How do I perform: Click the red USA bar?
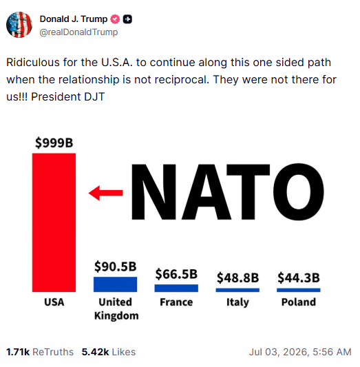[x=54, y=222]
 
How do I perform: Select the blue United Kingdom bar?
[x=115, y=284]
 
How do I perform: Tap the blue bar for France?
[x=176, y=288]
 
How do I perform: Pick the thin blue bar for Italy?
[x=237, y=290]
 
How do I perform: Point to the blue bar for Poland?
[x=299, y=290]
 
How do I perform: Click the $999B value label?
[x=54, y=143]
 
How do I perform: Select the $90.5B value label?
[x=116, y=266]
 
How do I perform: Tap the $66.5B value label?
[x=176, y=274]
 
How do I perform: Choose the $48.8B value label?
[x=237, y=277]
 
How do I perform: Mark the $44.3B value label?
[x=299, y=277]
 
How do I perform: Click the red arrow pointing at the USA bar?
[x=106, y=193]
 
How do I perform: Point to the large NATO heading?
[x=228, y=192]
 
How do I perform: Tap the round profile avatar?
[x=19, y=25]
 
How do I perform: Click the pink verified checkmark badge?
[x=115, y=19]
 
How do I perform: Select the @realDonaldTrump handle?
[x=78, y=32]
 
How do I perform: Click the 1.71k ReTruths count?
[x=40, y=352]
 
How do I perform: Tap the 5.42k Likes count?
[x=109, y=352]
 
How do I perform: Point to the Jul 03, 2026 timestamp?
[x=300, y=352]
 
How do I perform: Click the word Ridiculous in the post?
[x=33, y=63]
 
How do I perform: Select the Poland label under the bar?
[x=299, y=302]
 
